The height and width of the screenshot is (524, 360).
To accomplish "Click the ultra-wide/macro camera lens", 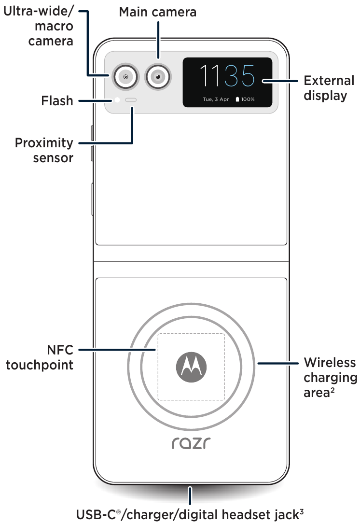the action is pos(125,76).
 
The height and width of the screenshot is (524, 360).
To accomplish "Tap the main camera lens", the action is pos(158,76).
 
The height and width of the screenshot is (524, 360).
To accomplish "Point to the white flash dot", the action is pos(117,100).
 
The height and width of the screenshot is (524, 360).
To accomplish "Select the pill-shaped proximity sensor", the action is pos(131,100).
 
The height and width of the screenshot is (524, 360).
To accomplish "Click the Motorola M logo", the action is pos(191,367).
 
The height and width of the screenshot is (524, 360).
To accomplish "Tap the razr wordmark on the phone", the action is pos(191,443).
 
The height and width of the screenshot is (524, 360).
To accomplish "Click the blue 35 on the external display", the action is pos(239,76).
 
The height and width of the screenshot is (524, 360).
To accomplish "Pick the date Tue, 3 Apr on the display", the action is pos(216,99).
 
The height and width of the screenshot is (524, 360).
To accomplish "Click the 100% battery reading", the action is pos(248,99).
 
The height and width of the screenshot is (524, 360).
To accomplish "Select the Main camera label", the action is pos(158,12).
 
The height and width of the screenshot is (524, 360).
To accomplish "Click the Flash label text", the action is pos(57,100).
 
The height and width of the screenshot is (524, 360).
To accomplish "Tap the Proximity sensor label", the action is pos(44,150).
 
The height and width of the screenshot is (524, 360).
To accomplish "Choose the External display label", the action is pos(329,88).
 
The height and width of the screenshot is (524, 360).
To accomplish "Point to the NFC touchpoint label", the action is pos(40,357).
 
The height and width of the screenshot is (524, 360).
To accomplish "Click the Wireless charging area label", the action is pos(330,377).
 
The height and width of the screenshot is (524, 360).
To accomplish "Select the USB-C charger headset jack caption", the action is pos(190,515).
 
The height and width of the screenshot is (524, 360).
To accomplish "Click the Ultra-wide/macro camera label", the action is pos(39,26).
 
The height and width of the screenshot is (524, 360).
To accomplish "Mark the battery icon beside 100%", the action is pos(237,99).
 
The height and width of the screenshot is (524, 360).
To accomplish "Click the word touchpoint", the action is pos(40,365).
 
